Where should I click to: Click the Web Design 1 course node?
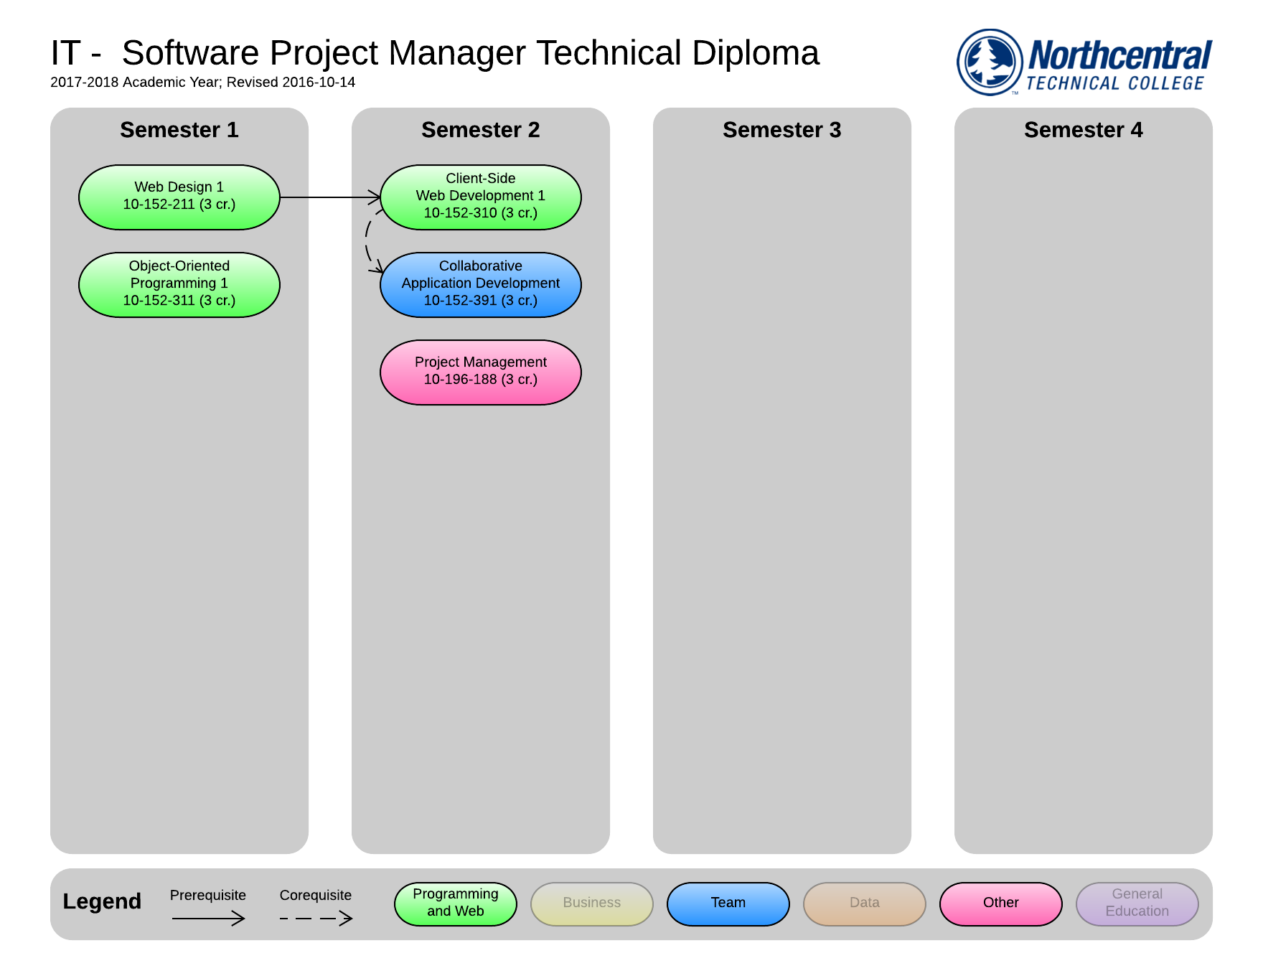click(179, 197)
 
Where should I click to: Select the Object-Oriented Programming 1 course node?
click(179, 284)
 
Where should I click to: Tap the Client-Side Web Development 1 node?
click(480, 197)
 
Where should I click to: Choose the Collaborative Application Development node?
click(480, 284)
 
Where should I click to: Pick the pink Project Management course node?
click(480, 372)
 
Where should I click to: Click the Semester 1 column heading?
click(179, 130)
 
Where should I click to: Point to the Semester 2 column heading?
click(480, 130)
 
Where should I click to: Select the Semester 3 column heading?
click(781, 130)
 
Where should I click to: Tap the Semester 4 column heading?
click(1083, 130)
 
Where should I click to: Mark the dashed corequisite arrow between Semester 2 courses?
click(367, 240)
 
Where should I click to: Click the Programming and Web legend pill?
click(455, 904)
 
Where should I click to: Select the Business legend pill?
click(591, 904)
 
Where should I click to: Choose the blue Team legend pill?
click(728, 904)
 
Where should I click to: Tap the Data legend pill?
click(864, 904)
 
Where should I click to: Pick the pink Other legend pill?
click(1000, 904)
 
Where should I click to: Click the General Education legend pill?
click(1137, 904)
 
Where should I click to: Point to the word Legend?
click(102, 901)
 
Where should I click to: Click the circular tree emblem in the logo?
click(990, 62)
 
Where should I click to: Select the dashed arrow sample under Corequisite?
click(316, 918)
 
